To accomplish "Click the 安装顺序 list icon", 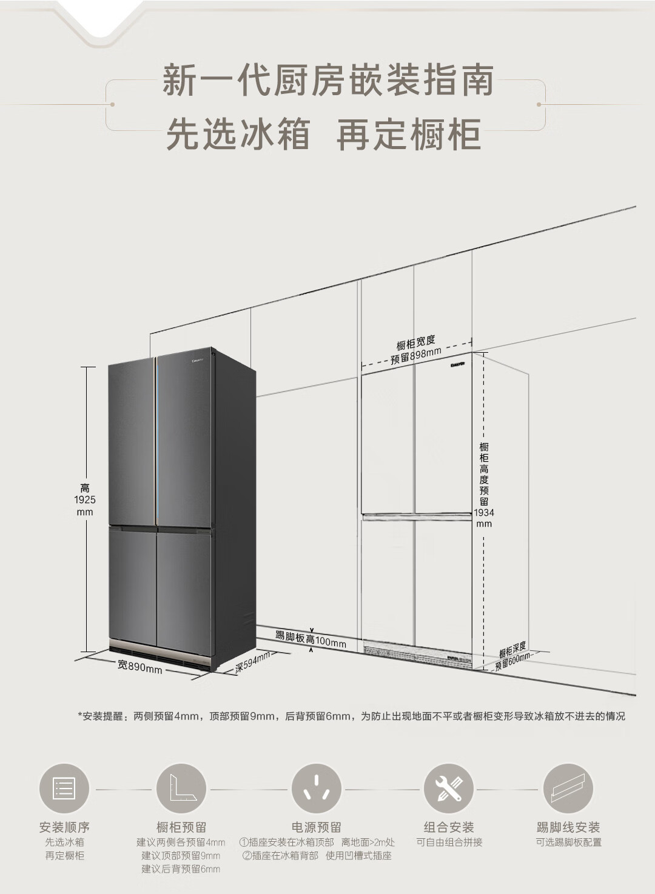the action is click(64, 789).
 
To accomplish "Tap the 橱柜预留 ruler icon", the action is click(181, 789).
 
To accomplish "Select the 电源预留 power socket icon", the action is click(317, 789).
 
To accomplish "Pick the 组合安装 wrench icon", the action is click(449, 789).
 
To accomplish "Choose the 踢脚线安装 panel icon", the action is click(568, 789).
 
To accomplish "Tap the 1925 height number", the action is click(85, 499).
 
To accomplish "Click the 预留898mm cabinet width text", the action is click(416, 356).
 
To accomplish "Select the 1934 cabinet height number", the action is click(484, 512).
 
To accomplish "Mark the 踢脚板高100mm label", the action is click(311, 639).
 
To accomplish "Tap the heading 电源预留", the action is click(317, 827).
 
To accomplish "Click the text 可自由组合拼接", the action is click(449, 842).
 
